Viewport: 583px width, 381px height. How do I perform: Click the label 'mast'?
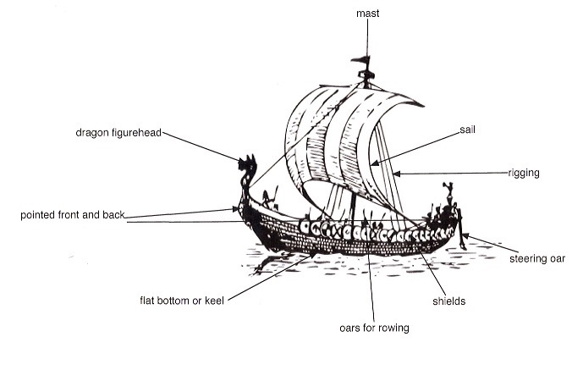point(367,14)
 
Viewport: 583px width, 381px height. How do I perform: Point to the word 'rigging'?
point(524,173)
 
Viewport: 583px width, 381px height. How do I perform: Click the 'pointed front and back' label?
point(72,216)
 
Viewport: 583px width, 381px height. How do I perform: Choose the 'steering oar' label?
point(537,258)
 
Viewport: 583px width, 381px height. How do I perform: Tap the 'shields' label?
point(448,301)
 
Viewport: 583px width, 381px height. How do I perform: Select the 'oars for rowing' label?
point(368,327)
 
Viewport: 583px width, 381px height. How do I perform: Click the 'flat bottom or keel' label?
point(181,301)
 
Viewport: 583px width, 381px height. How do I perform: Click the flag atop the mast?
point(363,60)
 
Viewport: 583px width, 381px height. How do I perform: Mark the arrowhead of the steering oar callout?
point(463,236)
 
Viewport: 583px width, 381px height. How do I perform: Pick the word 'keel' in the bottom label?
point(212,301)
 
